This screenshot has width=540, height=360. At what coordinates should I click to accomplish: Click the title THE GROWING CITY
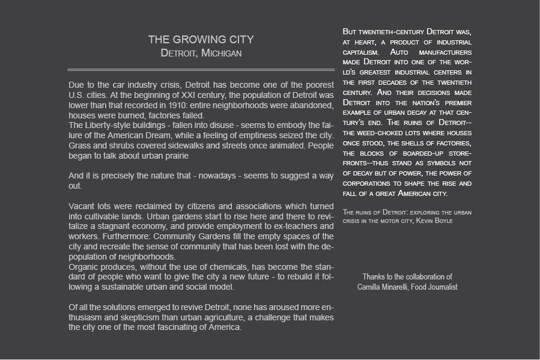(x=201, y=40)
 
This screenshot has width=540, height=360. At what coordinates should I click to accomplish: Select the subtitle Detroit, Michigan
(x=201, y=53)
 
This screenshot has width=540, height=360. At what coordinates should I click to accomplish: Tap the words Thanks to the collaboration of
(x=407, y=277)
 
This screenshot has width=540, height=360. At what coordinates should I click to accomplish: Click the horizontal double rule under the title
(x=201, y=70)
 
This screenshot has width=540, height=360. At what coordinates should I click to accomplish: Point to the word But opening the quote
(x=351, y=31)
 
